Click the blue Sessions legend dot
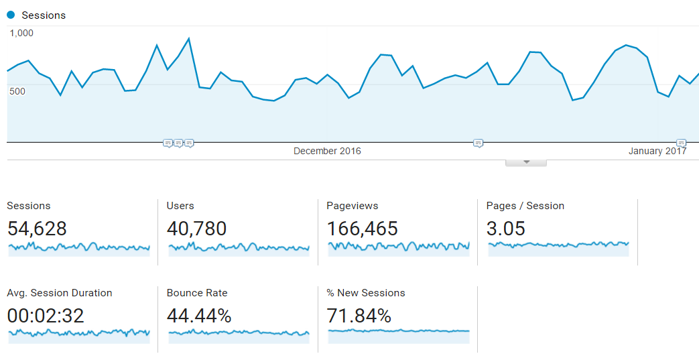(x=11, y=15)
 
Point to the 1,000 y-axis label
(x=21, y=33)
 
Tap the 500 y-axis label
(x=17, y=91)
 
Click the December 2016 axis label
(x=327, y=152)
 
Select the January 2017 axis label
(x=657, y=152)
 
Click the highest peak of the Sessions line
(x=189, y=38)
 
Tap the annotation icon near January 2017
(x=681, y=143)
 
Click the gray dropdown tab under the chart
(x=526, y=162)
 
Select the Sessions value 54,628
(x=37, y=229)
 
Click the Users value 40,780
(x=196, y=229)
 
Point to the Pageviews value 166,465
(x=362, y=229)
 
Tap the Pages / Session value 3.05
(x=505, y=229)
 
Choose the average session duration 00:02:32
(x=46, y=316)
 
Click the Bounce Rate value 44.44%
(x=199, y=316)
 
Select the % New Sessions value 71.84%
(x=359, y=316)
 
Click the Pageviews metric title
(x=352, y=206)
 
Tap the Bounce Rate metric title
(x=197, y=293)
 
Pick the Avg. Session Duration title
(x=60, y=293)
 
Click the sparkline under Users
(x=239, y=248)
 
